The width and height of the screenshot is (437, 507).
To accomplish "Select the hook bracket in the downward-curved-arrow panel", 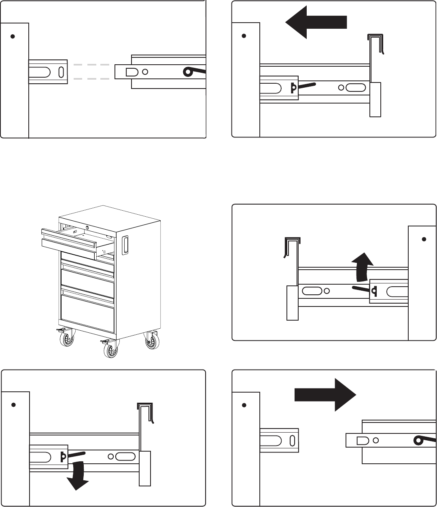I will (x=146, y=412).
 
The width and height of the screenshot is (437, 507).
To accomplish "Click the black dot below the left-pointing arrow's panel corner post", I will (x=244, y=36).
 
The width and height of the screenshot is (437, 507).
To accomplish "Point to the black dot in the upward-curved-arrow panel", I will (x=424, y=239).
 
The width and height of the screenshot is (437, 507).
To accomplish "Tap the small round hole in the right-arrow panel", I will (x=376, y=440).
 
